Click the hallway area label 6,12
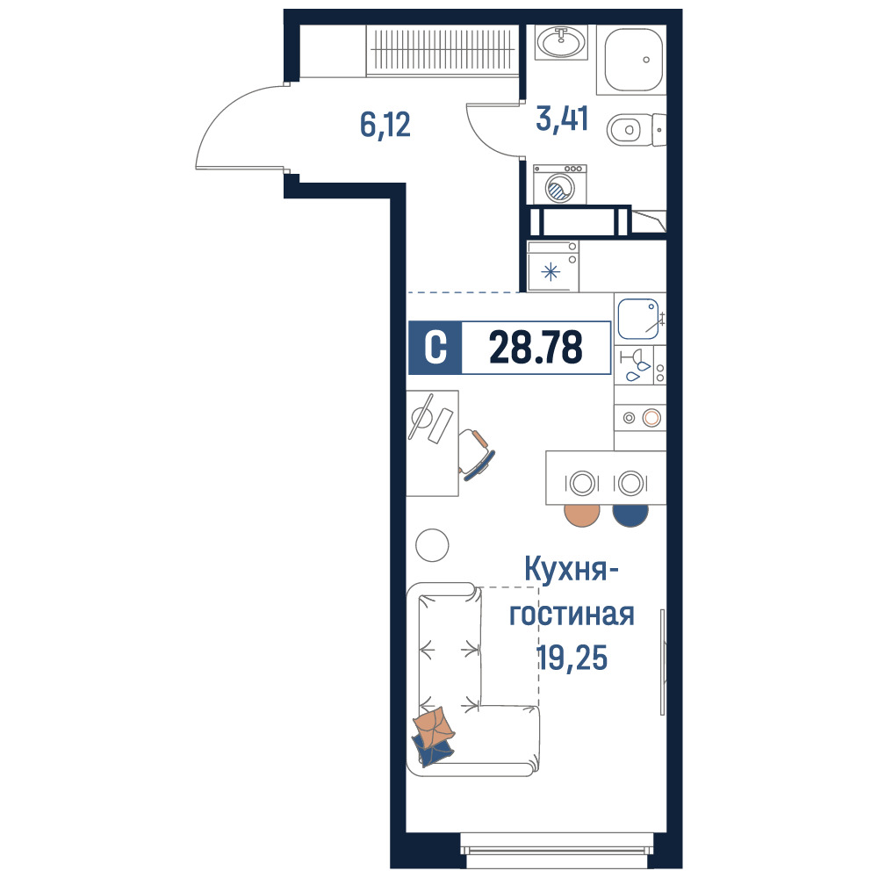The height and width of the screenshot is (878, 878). (385, 125)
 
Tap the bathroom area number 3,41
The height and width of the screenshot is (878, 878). (562, 119)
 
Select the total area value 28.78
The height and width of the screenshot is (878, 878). (536, 347)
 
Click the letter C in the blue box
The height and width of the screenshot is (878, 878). (435, 347)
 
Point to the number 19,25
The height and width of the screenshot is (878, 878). (572, 658)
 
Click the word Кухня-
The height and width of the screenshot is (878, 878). (572, 569)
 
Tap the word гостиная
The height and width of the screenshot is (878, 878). (572, 615)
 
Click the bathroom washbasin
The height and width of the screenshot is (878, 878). (561, 42)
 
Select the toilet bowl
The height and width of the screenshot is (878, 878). (636, 130)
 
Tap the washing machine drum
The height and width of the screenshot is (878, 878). (559, 189)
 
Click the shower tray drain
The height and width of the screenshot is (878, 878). (646, 60)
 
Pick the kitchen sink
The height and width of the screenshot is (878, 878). (638, 320)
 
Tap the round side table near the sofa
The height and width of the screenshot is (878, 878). (432, 545)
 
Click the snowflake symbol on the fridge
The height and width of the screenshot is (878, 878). (551, 272)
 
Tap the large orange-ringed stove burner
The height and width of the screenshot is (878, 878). (651, 418)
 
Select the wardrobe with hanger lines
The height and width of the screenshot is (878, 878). (442, 50)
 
